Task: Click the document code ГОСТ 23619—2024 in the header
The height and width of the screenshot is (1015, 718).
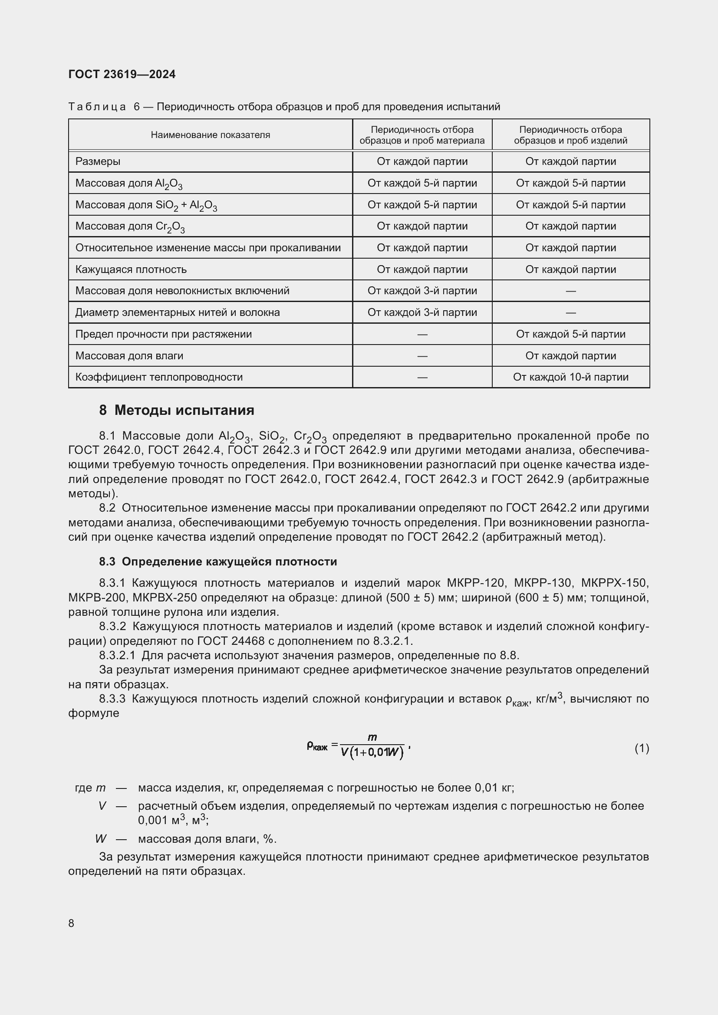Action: click(x=122, y=74)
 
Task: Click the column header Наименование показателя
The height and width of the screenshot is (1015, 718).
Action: click(x=210, y=135)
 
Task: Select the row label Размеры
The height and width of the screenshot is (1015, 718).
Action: click(x=98, y=161)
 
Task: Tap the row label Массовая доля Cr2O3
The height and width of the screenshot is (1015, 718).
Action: click(x=130, y=227)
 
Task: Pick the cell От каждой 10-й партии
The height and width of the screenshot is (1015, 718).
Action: click(x=570, y=377)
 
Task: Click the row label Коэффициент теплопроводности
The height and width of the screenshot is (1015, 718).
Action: click(x=159, y=377)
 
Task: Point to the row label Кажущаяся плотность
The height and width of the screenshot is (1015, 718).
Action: click(x=131, y=269)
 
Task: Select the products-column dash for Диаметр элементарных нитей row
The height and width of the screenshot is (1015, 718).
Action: click(x=570, y=312)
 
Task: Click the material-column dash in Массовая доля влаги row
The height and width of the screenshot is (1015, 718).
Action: click(x=422, y=356)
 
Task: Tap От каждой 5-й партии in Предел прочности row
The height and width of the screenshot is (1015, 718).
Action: click(x=570, y=334)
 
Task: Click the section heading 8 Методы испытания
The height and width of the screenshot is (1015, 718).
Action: click(x=176, y=410)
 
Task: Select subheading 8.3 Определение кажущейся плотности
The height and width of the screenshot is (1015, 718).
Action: click(x=218, y=562)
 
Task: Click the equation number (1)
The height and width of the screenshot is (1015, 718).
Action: click(x=642, y=748)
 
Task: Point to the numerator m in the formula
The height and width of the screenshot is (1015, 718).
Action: click(x=372, y=737)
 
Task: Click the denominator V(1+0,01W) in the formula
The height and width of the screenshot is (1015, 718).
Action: click(x=372, y=752)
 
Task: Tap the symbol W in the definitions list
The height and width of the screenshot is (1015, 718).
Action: click(x=101, y=839)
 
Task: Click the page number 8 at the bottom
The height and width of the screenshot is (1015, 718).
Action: click(x=71, y=923)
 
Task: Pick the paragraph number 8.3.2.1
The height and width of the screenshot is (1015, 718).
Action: click(x=117, y=655)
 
